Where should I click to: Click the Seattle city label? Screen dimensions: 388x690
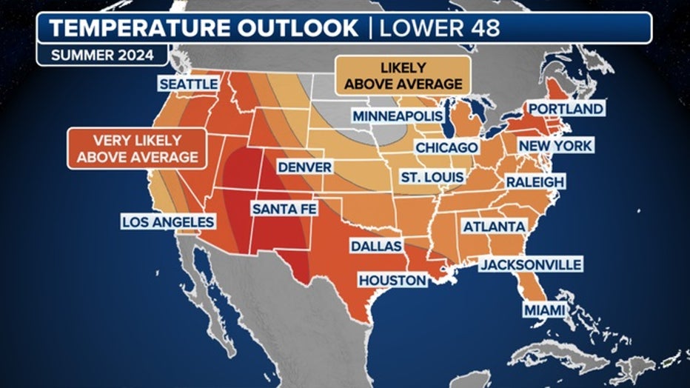pyautogui.click(x=188, y=84)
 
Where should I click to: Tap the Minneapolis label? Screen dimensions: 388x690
pyautogui.click(x=398, y=116)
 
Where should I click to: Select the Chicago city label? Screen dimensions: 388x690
pyautogui.click(x=446, y=147)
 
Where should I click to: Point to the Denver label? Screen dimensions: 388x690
pyautogui.click(x=304, y=167)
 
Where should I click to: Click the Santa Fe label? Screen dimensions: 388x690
pyautogui.click(x=284, y=210)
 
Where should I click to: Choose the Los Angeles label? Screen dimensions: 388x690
pyautogui.click(x=168, y=222)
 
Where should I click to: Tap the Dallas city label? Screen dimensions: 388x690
pyautogui.click(x=375, y=246)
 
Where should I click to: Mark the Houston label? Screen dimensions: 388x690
pyautogui.click(x=392, y=280)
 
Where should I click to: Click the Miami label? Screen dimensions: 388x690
pyautogui.click(x=543, y=309)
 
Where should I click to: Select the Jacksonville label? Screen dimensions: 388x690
pyautogui.click(x=530, y=264)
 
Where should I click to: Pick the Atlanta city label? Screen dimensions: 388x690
pyautogui.click(x=494, y=226)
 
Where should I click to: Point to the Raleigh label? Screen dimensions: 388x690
pyautogui.click(x=535, y=181)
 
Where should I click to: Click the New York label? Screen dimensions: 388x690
pyautogui.click(x=555, y=146)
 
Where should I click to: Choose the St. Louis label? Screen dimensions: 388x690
pyautogui.click(x=432, y=178)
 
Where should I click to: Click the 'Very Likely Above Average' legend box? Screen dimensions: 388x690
pyautogui.click(x=137, y=149)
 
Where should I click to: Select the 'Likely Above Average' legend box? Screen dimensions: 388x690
pyautogui.click(x=403, y=76)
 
